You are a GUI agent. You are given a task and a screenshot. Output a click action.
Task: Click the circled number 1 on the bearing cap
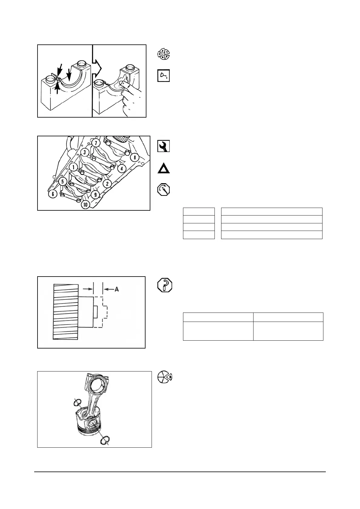(x=73, y=167)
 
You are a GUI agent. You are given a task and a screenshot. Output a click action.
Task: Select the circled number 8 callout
(x=135, y=157)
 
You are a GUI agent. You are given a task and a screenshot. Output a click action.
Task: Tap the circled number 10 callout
(x=86, y=205)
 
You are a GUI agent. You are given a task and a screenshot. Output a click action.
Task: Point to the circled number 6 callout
(x=53, y=194)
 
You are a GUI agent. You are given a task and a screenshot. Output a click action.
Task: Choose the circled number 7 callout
(x=96, y=142)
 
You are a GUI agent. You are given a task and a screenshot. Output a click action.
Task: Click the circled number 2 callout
(x=107, y=183)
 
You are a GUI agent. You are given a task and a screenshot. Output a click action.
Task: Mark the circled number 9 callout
(x=95, y=195)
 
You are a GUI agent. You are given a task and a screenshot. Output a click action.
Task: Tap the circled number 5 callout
(x=62, y=181)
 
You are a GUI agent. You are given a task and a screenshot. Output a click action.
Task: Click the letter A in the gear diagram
(x=116, y=289)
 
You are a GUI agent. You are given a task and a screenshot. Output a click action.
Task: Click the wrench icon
(x=164, y=146)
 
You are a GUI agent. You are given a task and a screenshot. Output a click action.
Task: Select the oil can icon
(x=163, y=76)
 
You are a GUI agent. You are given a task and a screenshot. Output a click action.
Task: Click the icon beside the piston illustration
(x=165, y=377)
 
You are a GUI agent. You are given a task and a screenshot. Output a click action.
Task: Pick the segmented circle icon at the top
(x=164, y=54)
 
